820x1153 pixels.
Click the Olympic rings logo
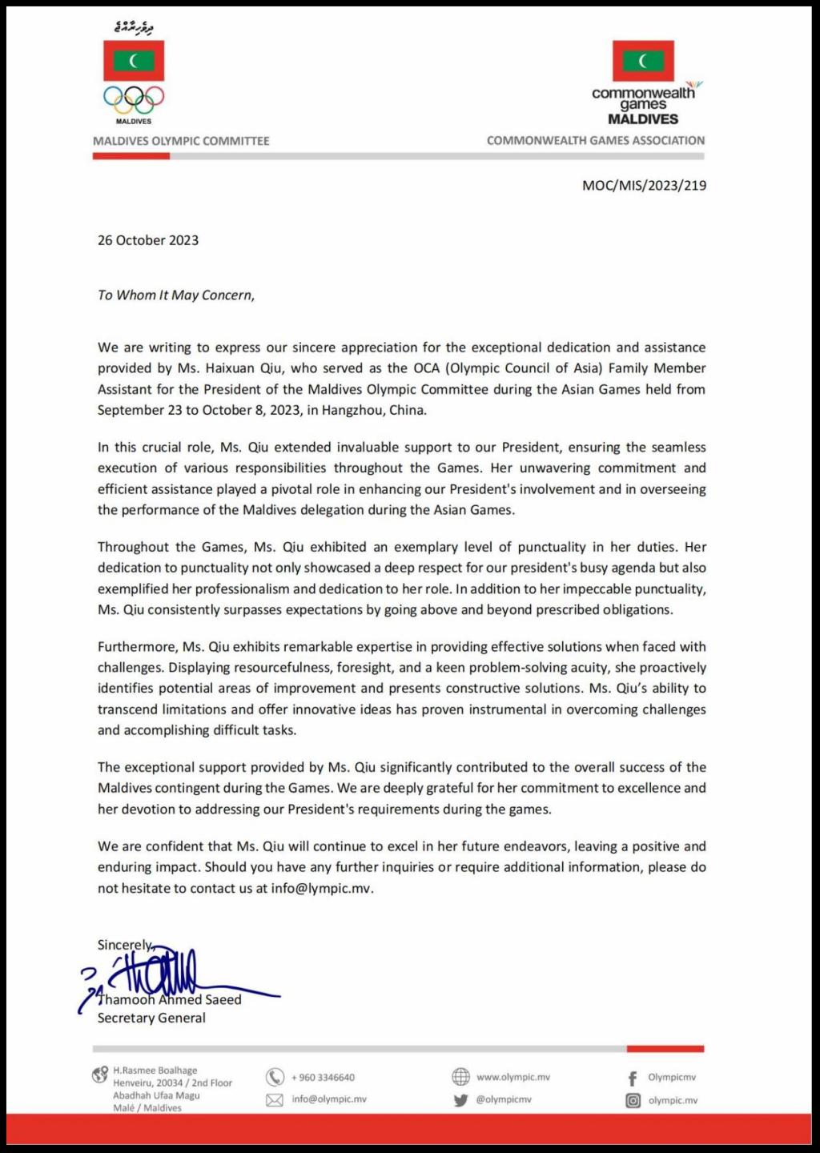click(133, 99)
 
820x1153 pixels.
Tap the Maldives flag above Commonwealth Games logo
click(643, 61)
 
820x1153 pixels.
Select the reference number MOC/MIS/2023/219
click(644, 185)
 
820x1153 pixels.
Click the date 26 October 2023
click(148, 240)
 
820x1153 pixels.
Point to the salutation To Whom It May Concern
click(176, 295)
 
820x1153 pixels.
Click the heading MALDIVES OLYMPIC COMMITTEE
click(181, 141)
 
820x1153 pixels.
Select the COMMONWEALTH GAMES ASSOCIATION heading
click(596, 140)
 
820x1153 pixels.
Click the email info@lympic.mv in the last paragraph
click(322, 888)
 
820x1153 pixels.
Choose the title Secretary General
click(151, 1018)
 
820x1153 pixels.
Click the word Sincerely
click(124, 945)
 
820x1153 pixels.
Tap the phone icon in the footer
click(275, 1077)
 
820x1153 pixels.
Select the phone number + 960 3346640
click(323, 1078)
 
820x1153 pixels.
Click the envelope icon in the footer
click(275, 1100)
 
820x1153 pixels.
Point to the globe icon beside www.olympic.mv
click(460, 1077)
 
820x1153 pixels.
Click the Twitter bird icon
click(460, 1100)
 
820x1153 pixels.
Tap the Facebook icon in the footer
click(633, 1078)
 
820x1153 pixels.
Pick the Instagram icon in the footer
click(633, 1100)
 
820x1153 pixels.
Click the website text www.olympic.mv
click(513, 1077)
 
